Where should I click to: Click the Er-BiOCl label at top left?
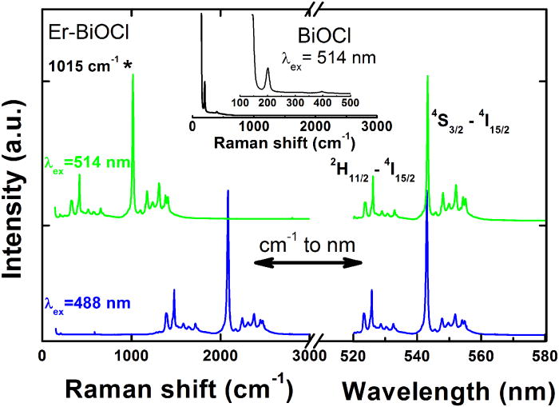coord(78,35)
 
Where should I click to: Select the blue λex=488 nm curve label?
coord(78,301)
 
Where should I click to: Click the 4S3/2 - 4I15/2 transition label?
coord(478,124)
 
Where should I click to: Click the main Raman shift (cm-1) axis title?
coord(180,388)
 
